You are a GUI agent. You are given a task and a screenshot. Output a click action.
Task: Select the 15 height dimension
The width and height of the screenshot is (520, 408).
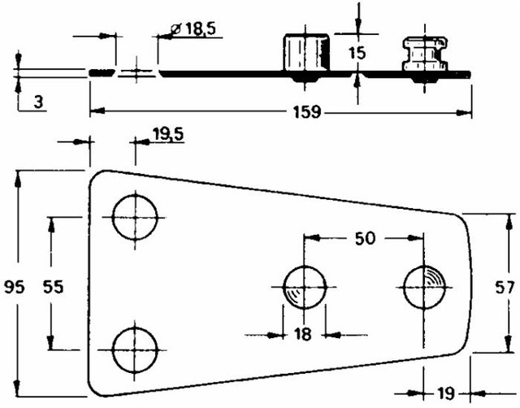coord(357,53)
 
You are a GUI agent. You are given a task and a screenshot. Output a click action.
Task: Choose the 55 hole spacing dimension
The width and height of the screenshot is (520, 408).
coord(53,286)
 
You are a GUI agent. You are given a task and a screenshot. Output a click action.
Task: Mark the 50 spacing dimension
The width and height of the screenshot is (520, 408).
coord(365,238)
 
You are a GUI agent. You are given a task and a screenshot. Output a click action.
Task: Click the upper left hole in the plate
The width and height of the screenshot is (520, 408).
coord(134,217)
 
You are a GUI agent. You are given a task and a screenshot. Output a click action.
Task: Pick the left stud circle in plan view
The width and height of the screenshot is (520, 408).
coord(304,287)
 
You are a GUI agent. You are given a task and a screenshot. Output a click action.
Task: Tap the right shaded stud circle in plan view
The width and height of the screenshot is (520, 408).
coord(425,287)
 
